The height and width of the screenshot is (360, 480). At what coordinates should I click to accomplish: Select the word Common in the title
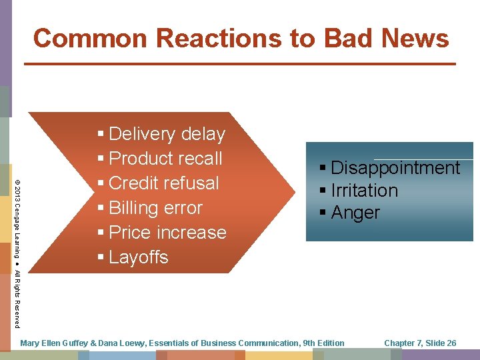(x=79, y=38)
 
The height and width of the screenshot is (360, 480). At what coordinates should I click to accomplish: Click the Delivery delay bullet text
(x=167, y=134)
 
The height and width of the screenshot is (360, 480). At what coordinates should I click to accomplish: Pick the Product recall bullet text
(x=165, y=159)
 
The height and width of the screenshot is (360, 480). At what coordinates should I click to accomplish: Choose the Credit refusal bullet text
(x=163, y=183)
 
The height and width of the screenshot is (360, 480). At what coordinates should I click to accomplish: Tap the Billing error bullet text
(x=155, y=208)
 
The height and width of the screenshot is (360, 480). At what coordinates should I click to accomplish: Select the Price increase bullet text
(x=167, y=233)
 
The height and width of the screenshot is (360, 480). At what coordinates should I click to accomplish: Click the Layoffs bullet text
(x=138, y=257)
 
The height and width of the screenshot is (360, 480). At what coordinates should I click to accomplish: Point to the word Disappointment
(x=395, y=168)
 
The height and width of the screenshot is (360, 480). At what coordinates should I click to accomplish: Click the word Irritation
(x=364, y=191)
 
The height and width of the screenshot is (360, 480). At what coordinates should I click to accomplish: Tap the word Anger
(x=355, y=213)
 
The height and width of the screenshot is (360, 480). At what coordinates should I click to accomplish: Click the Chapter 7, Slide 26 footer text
(x=420, y=343)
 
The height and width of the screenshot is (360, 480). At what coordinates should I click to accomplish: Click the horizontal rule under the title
(x=240, y=64)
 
